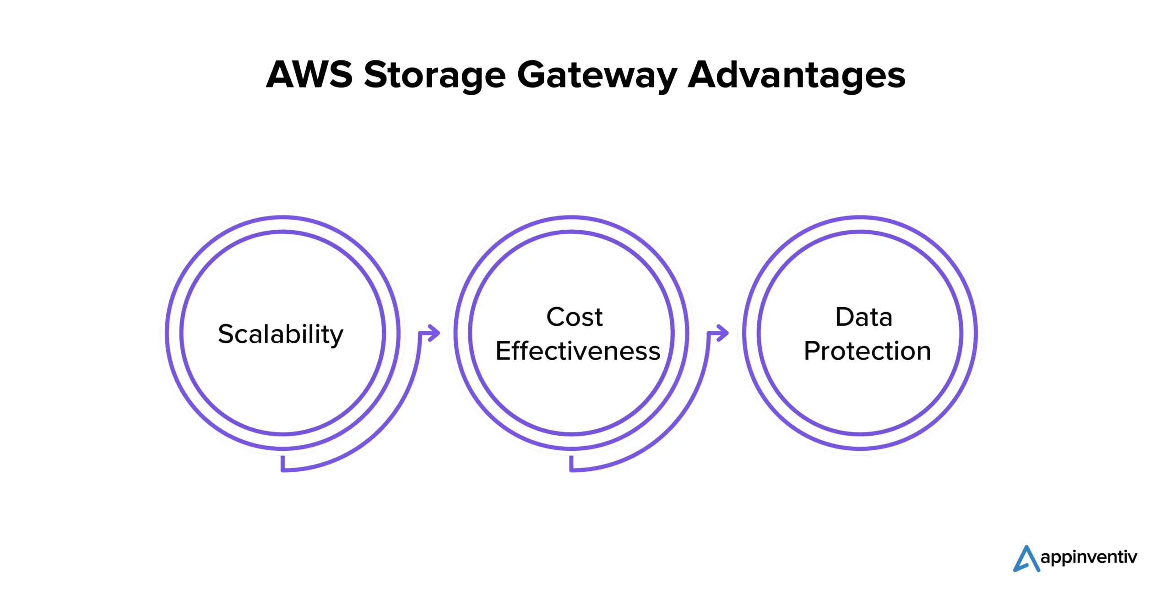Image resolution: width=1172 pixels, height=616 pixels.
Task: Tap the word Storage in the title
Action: (434, 76)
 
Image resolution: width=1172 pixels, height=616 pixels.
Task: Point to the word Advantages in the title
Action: (796, 76)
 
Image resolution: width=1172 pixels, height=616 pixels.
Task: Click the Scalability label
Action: (280, 334)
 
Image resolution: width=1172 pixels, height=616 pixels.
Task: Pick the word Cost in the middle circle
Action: (574, 317)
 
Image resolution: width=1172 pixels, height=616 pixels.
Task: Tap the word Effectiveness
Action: (578, 351)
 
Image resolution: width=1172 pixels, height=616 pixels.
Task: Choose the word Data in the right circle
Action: (863, 317)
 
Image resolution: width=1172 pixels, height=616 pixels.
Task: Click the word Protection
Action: (867, 351)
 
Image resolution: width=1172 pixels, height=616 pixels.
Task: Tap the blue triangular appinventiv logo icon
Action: (1026, 559)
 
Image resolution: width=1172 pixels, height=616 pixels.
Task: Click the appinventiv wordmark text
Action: (1089, 557)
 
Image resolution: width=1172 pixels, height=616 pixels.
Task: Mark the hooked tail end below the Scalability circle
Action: (283, 464)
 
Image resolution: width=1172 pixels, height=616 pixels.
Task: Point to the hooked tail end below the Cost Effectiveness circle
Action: (572, 464)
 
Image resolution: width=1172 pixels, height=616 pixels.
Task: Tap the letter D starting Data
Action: (844, 317)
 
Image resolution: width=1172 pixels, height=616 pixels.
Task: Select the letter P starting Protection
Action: (812, 351)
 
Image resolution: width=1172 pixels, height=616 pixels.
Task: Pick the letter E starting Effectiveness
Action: (504, 351)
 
